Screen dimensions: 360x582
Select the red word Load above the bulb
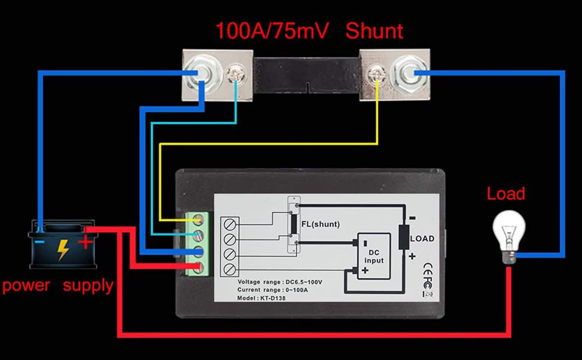tap(506, 194)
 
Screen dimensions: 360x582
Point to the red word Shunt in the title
tap(374, 31)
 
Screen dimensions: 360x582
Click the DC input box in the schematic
tap(374, 256)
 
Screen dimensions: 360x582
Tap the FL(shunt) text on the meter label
tap(320, 224)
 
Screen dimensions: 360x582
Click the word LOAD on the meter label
tap(422, 239)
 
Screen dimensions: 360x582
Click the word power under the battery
tap(26, 286)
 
